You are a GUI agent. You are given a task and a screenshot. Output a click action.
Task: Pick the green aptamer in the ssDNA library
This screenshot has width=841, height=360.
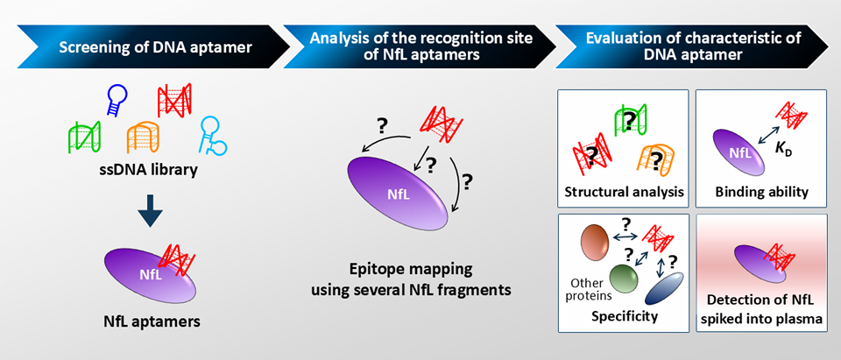click(x=84, y=136)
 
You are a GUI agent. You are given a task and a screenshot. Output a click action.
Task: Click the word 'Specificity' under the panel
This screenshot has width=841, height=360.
click(x=624, y=315)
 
